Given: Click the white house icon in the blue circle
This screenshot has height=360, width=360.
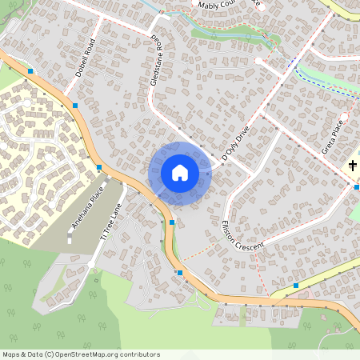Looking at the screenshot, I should (x=180, y=173).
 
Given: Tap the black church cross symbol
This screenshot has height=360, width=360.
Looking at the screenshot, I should (x=353, y=166).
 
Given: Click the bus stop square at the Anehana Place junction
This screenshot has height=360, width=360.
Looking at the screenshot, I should (x=99, y=167).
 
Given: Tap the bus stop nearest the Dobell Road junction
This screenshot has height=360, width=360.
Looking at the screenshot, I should (x=74, y=106).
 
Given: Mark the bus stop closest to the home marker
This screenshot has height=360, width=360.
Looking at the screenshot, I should (x=172, y=222).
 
